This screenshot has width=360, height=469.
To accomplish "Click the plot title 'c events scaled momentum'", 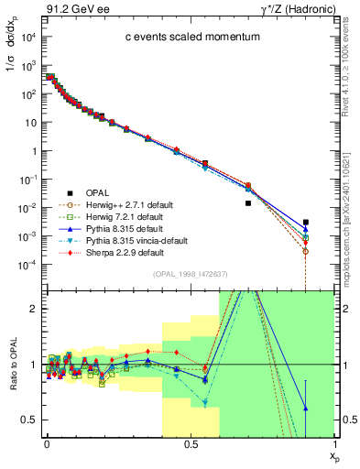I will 180,38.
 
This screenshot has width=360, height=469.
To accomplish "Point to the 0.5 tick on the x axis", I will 191,443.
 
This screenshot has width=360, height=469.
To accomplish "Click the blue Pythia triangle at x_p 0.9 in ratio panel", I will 306,408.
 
